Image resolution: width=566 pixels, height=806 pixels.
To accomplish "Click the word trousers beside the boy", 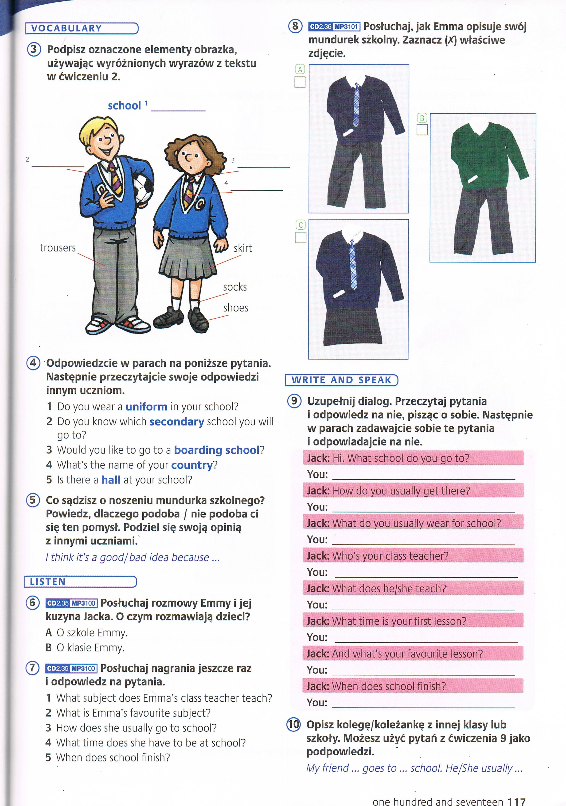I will pos(58,248).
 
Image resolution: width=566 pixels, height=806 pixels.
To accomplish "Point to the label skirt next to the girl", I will pos(243,248).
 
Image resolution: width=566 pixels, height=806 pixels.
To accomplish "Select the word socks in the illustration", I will pos(235,287).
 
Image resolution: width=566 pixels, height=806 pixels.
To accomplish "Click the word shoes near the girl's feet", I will pos(236,308).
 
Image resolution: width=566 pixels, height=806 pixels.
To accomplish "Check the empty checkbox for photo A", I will pos(300,82).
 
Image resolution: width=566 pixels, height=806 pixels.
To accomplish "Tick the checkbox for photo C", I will pos(301,238).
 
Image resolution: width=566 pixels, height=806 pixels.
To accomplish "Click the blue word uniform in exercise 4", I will pos(146,407).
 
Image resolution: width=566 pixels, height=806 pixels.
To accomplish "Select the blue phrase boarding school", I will pos(217,450).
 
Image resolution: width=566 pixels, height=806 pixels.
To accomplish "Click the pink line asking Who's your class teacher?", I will pos(413,556).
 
